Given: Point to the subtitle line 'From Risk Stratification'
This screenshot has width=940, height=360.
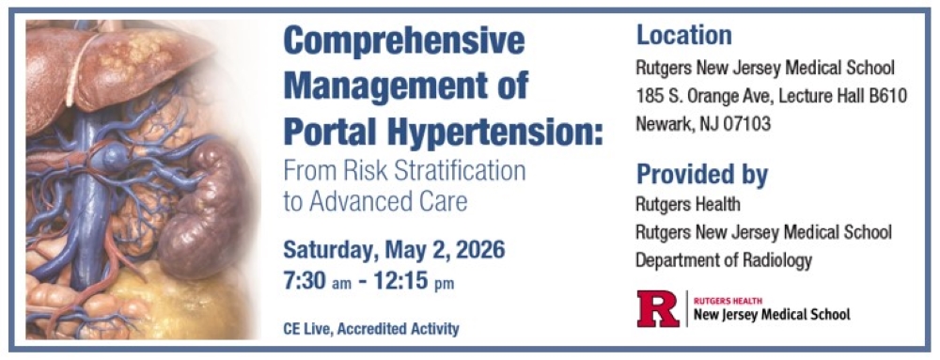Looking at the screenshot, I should pyautogui.click(x=404, y=171).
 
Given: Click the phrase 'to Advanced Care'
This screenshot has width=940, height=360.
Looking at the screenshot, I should pyautogui.click(x=375, y=201).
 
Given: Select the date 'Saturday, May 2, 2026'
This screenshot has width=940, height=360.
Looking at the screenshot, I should pyautogui.click(x=394, y=251).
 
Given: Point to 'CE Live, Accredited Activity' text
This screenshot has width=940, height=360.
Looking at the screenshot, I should pyautogui.click(x=370, y=329).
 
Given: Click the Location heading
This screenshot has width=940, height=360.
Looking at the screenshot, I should pyautogui.click(x=683, y=36).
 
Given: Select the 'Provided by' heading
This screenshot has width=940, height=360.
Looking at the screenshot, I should pyautogui.click(x=702, y=176).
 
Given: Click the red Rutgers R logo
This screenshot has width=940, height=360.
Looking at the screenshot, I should pyautogui.click(x=658, y=308).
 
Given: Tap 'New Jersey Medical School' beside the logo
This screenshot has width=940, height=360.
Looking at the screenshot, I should pyautogui.click(x=771, y=315).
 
